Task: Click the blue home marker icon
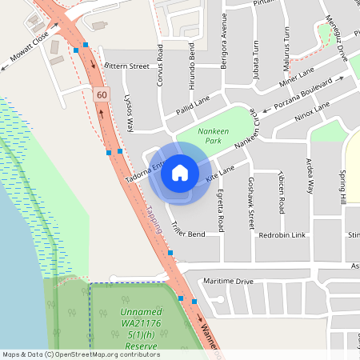[x=179, y=171]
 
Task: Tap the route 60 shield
[x=100, y=94]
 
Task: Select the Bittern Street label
[x=128, y=66]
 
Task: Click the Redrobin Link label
[x=282, y=235]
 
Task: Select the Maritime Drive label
[x=228, y=282]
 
